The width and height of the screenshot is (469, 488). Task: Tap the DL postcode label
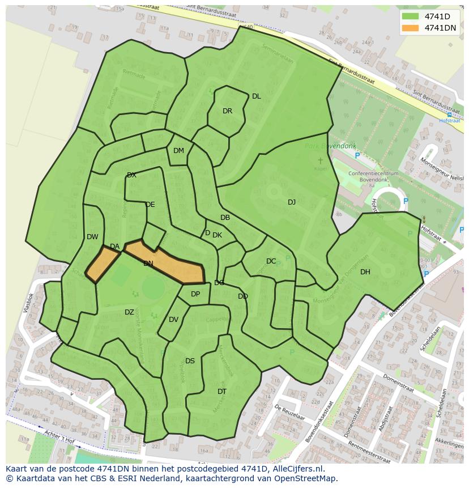pos(257,96)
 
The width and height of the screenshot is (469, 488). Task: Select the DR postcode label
pos(227,111)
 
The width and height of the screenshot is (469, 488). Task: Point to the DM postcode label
pos(178,151)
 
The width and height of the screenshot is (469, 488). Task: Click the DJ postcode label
pos(292,202)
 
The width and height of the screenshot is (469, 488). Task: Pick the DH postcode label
pos(365,272)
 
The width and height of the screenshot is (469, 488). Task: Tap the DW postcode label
pos(92,237)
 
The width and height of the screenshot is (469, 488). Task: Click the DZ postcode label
pos(129,312)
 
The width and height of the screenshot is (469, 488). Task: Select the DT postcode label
pos(222,392)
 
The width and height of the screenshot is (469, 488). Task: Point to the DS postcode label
pos(190,361)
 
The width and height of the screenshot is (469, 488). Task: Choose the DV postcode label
pos(173,320)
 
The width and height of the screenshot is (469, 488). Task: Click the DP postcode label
pos(195,294)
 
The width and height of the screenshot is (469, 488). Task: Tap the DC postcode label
pos(271,261)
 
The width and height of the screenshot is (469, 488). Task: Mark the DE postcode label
pos(150,205)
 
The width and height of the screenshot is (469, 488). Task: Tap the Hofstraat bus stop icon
pos(449,114)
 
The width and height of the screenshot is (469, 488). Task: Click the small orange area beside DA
pos(102,264)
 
